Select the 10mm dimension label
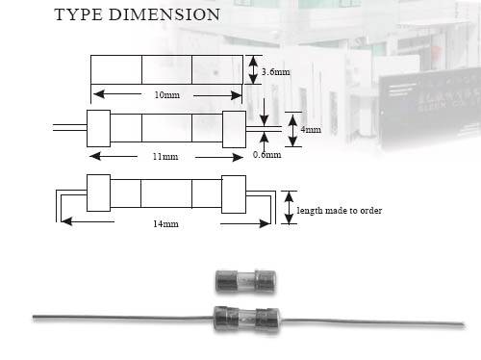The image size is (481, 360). click(166, 94)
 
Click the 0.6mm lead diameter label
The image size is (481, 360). click(266, 154)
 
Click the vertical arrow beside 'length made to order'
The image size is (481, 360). click(288, 208)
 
